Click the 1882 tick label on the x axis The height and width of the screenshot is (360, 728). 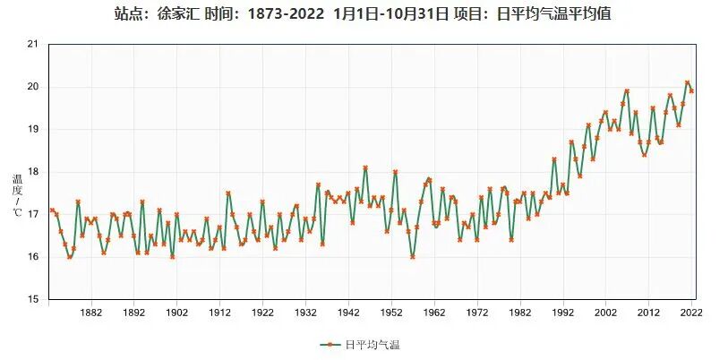[x=90, y=313]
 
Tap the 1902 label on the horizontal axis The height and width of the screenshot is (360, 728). [x=176, y=313]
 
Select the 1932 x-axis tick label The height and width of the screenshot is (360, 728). [x=305, y=313]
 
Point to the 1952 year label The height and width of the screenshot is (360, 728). [x=391, y=313]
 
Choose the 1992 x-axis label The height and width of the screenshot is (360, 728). [x=563, y=313]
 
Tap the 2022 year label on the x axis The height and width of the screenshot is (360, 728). [x=691, y=313]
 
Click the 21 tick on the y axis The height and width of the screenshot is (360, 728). [x=33, y=44]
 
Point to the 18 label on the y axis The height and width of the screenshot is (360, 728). [x=33, y=172]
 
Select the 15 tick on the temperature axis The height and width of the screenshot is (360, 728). [x=33, y=300]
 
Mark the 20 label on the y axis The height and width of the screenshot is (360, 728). [x=33, y=87]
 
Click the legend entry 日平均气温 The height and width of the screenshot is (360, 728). [x=364, y=345]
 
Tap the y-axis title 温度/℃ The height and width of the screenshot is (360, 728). [x=17, y=195]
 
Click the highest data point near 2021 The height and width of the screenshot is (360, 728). [x=687, y=82]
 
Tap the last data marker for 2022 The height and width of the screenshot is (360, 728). [x=691, y=91]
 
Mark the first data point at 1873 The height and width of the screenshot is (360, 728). [x=52, y=210]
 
